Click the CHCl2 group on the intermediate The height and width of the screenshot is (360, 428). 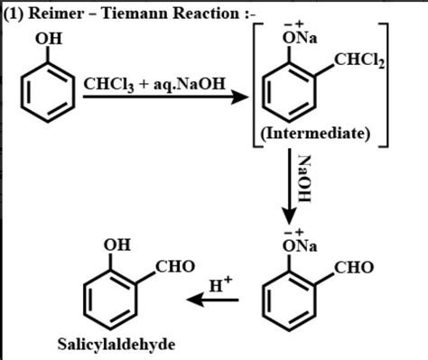[358, 60]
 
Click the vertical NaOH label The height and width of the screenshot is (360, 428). [305, 179]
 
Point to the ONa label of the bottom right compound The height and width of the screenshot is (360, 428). [291, 245]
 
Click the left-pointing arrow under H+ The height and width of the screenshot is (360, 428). [213, 300]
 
